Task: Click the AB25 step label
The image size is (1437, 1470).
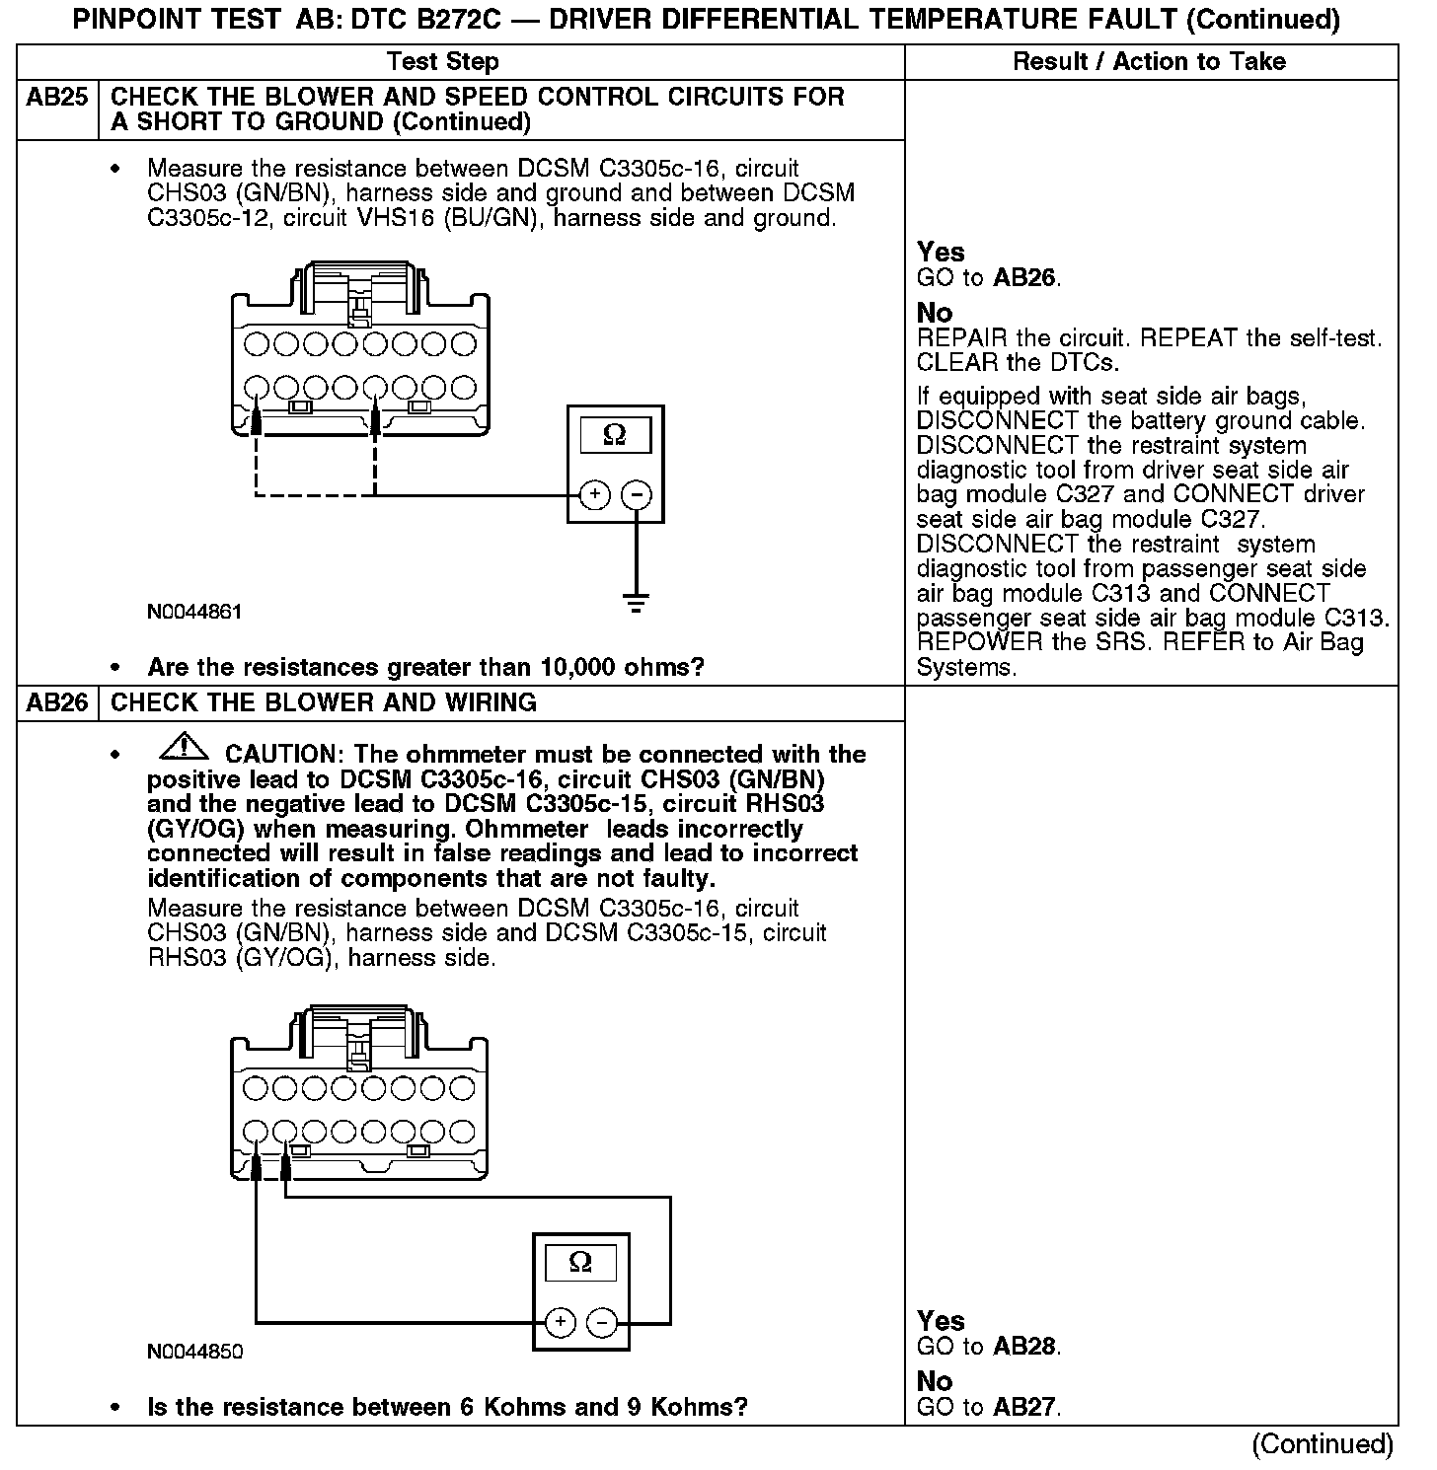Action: tap(57, 98)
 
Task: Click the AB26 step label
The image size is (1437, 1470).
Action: tap(57, 703)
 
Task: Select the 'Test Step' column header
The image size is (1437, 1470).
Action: tap(443, 62)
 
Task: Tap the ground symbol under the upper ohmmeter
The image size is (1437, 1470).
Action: tap(638, 603)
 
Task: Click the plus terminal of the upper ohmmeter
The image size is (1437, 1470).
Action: tap(594, 494)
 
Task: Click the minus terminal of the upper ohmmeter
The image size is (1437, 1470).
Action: tap(639, 494)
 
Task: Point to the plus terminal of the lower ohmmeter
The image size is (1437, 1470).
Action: tap(560, 1322)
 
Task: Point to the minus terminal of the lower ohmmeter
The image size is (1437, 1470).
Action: tap(603, 1322)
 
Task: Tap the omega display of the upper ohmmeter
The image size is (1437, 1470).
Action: tap(615, 435)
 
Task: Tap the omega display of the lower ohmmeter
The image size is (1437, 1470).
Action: tap(580, 1263)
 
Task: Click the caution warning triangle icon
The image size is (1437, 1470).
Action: tap(182, 751)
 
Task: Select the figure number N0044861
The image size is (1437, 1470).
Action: tap(194, 612)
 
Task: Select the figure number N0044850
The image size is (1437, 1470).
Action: tap(194, 1352)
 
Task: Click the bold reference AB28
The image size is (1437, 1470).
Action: tap(1026, 1347)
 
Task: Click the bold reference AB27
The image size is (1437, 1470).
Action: tap(1026, 1408)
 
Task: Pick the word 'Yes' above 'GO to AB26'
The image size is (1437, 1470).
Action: tap(941, 253)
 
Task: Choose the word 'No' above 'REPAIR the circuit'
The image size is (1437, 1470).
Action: tap(935, 314)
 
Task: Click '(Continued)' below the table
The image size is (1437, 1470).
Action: tap(1323, 1445)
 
